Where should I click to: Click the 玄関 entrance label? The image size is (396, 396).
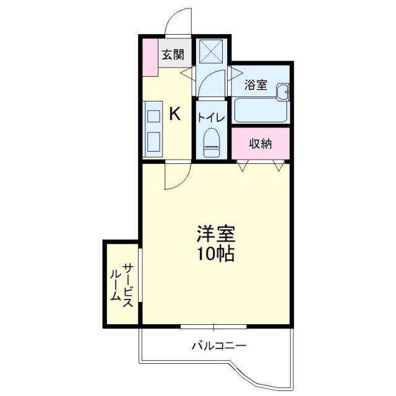point(173,54)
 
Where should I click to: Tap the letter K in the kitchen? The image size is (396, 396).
point(175,114)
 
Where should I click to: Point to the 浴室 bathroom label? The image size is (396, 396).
point(255,85)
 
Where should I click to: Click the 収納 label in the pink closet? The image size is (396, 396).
point(260,144)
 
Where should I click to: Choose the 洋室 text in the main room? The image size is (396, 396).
point(216,234)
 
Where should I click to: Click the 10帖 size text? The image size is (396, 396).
point(216,254)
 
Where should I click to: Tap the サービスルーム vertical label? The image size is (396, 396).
point(122,283)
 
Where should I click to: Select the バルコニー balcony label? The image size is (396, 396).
point(219,345)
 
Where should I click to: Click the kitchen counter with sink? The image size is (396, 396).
point(153,129)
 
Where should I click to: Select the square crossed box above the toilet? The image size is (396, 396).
point(210,51)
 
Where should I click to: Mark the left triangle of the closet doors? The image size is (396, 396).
point(243,165)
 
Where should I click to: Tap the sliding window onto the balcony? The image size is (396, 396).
point(213,325)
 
